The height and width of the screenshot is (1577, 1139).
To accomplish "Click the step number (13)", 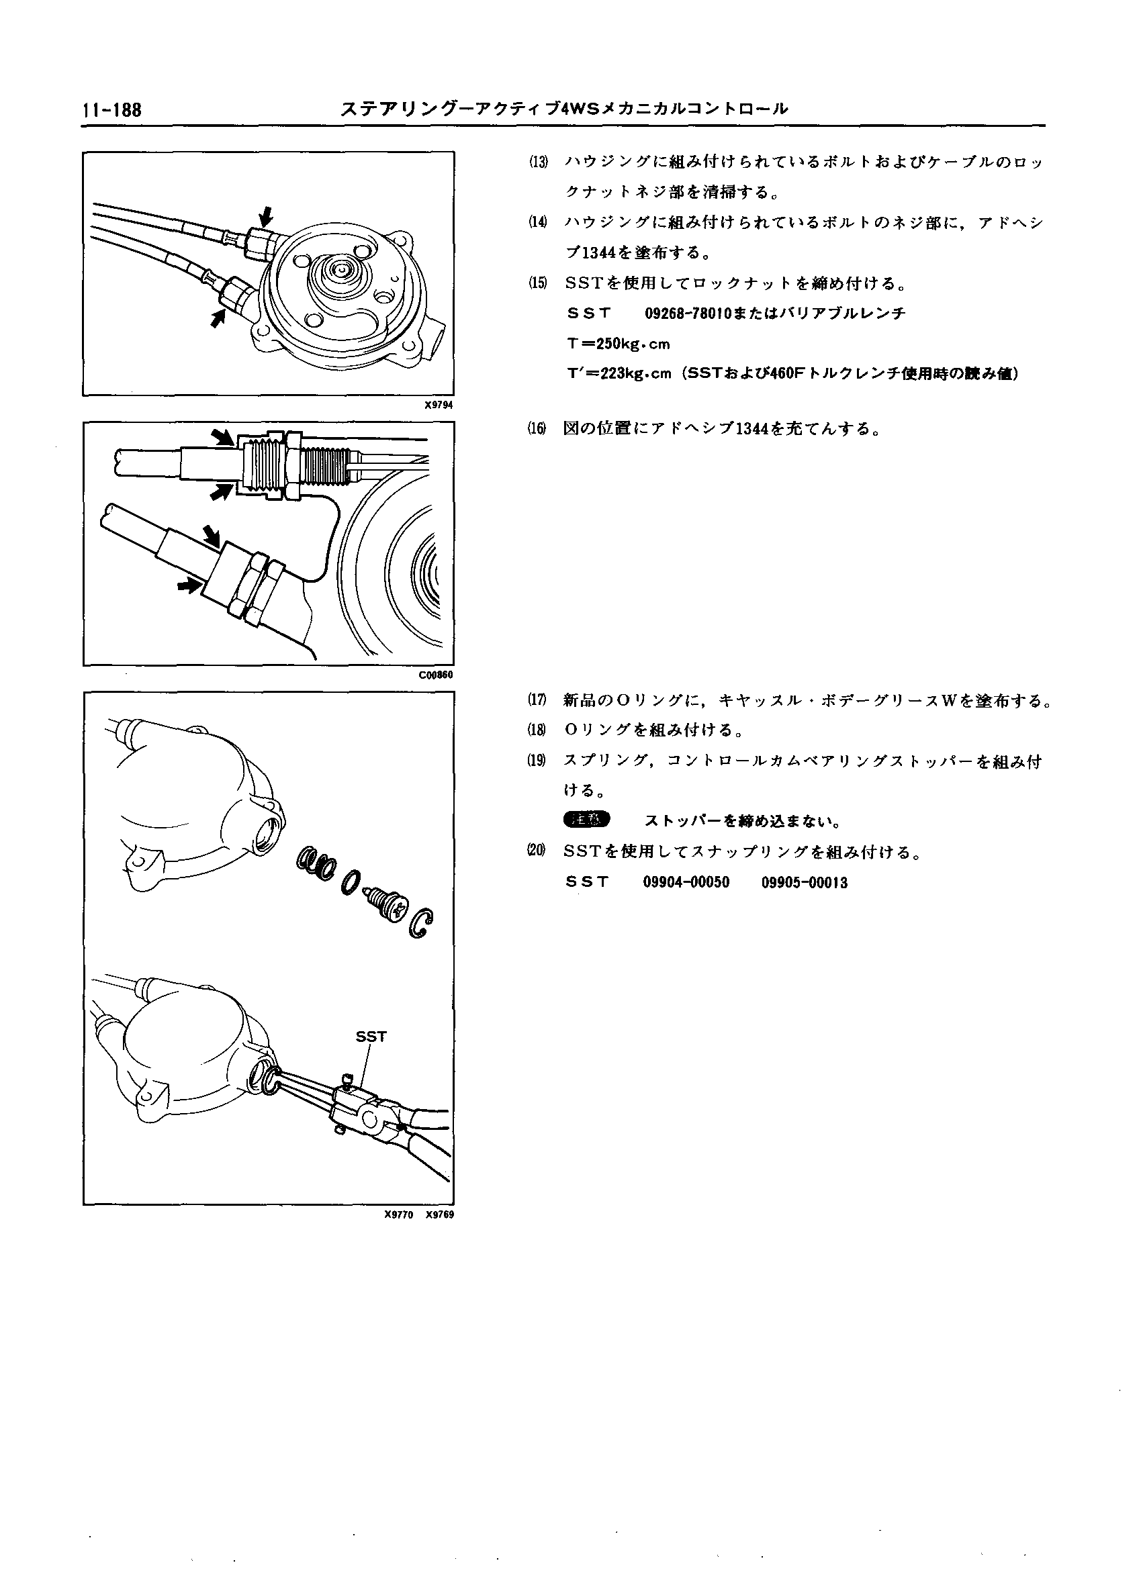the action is pos(538,162).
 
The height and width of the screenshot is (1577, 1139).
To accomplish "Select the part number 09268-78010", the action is pos(684,314).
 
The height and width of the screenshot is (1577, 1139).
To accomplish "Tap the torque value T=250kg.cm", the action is pos(618,344).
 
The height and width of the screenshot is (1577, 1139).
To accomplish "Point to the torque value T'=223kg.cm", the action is pos(620,374).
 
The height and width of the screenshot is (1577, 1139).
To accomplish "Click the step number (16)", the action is pos(538,429).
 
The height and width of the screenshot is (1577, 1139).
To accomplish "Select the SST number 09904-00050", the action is pos(686,883).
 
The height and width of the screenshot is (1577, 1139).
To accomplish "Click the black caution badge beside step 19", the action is pos(586,820).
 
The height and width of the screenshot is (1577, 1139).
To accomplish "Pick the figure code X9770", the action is pos(398,1214).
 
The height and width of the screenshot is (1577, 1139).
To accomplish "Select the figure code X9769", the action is pos(439,1214).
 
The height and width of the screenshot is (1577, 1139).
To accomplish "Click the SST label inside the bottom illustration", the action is pos(371,1037).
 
